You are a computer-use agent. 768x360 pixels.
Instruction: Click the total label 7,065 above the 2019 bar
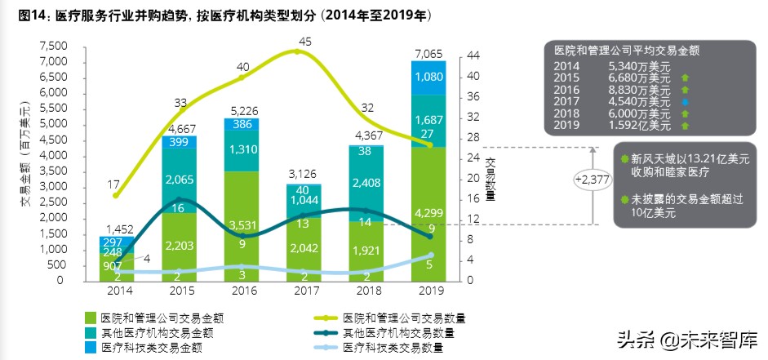tap(428, 53)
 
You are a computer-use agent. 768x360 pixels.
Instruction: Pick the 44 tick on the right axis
tap(473, 56)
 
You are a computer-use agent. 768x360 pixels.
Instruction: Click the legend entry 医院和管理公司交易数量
tap(399, 317)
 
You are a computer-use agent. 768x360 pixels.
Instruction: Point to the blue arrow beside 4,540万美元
tap(684, 102)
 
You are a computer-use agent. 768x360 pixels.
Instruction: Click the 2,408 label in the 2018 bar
tap(366, 195)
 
